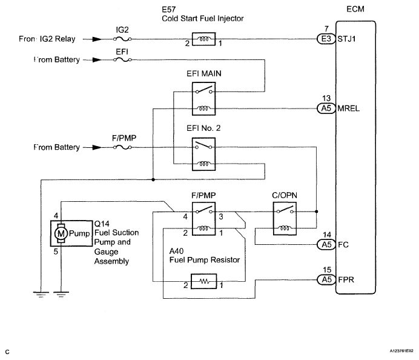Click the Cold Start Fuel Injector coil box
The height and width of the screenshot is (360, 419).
203,39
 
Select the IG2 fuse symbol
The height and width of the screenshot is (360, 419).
122,39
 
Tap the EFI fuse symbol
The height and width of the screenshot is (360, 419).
122,59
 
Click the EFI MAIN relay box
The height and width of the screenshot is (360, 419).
203,99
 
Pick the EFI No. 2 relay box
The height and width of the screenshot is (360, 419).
203,154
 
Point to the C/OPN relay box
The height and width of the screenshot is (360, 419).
285,219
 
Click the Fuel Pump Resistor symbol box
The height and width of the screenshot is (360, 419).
204,281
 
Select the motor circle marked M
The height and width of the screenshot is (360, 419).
61,233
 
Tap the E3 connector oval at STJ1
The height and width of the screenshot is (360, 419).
326,39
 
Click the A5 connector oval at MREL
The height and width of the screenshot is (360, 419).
326,108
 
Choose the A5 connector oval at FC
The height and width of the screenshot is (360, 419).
326,244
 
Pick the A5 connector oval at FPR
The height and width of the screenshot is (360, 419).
326,280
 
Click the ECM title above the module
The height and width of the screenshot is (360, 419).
355,9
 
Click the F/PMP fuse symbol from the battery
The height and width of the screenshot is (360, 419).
122,147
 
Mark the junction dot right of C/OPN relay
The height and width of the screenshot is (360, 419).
317,212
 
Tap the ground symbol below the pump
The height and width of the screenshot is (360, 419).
61,295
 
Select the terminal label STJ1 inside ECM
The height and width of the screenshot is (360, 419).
346,39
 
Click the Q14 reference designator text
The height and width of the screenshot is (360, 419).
102,224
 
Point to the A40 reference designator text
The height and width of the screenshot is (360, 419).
176,251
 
